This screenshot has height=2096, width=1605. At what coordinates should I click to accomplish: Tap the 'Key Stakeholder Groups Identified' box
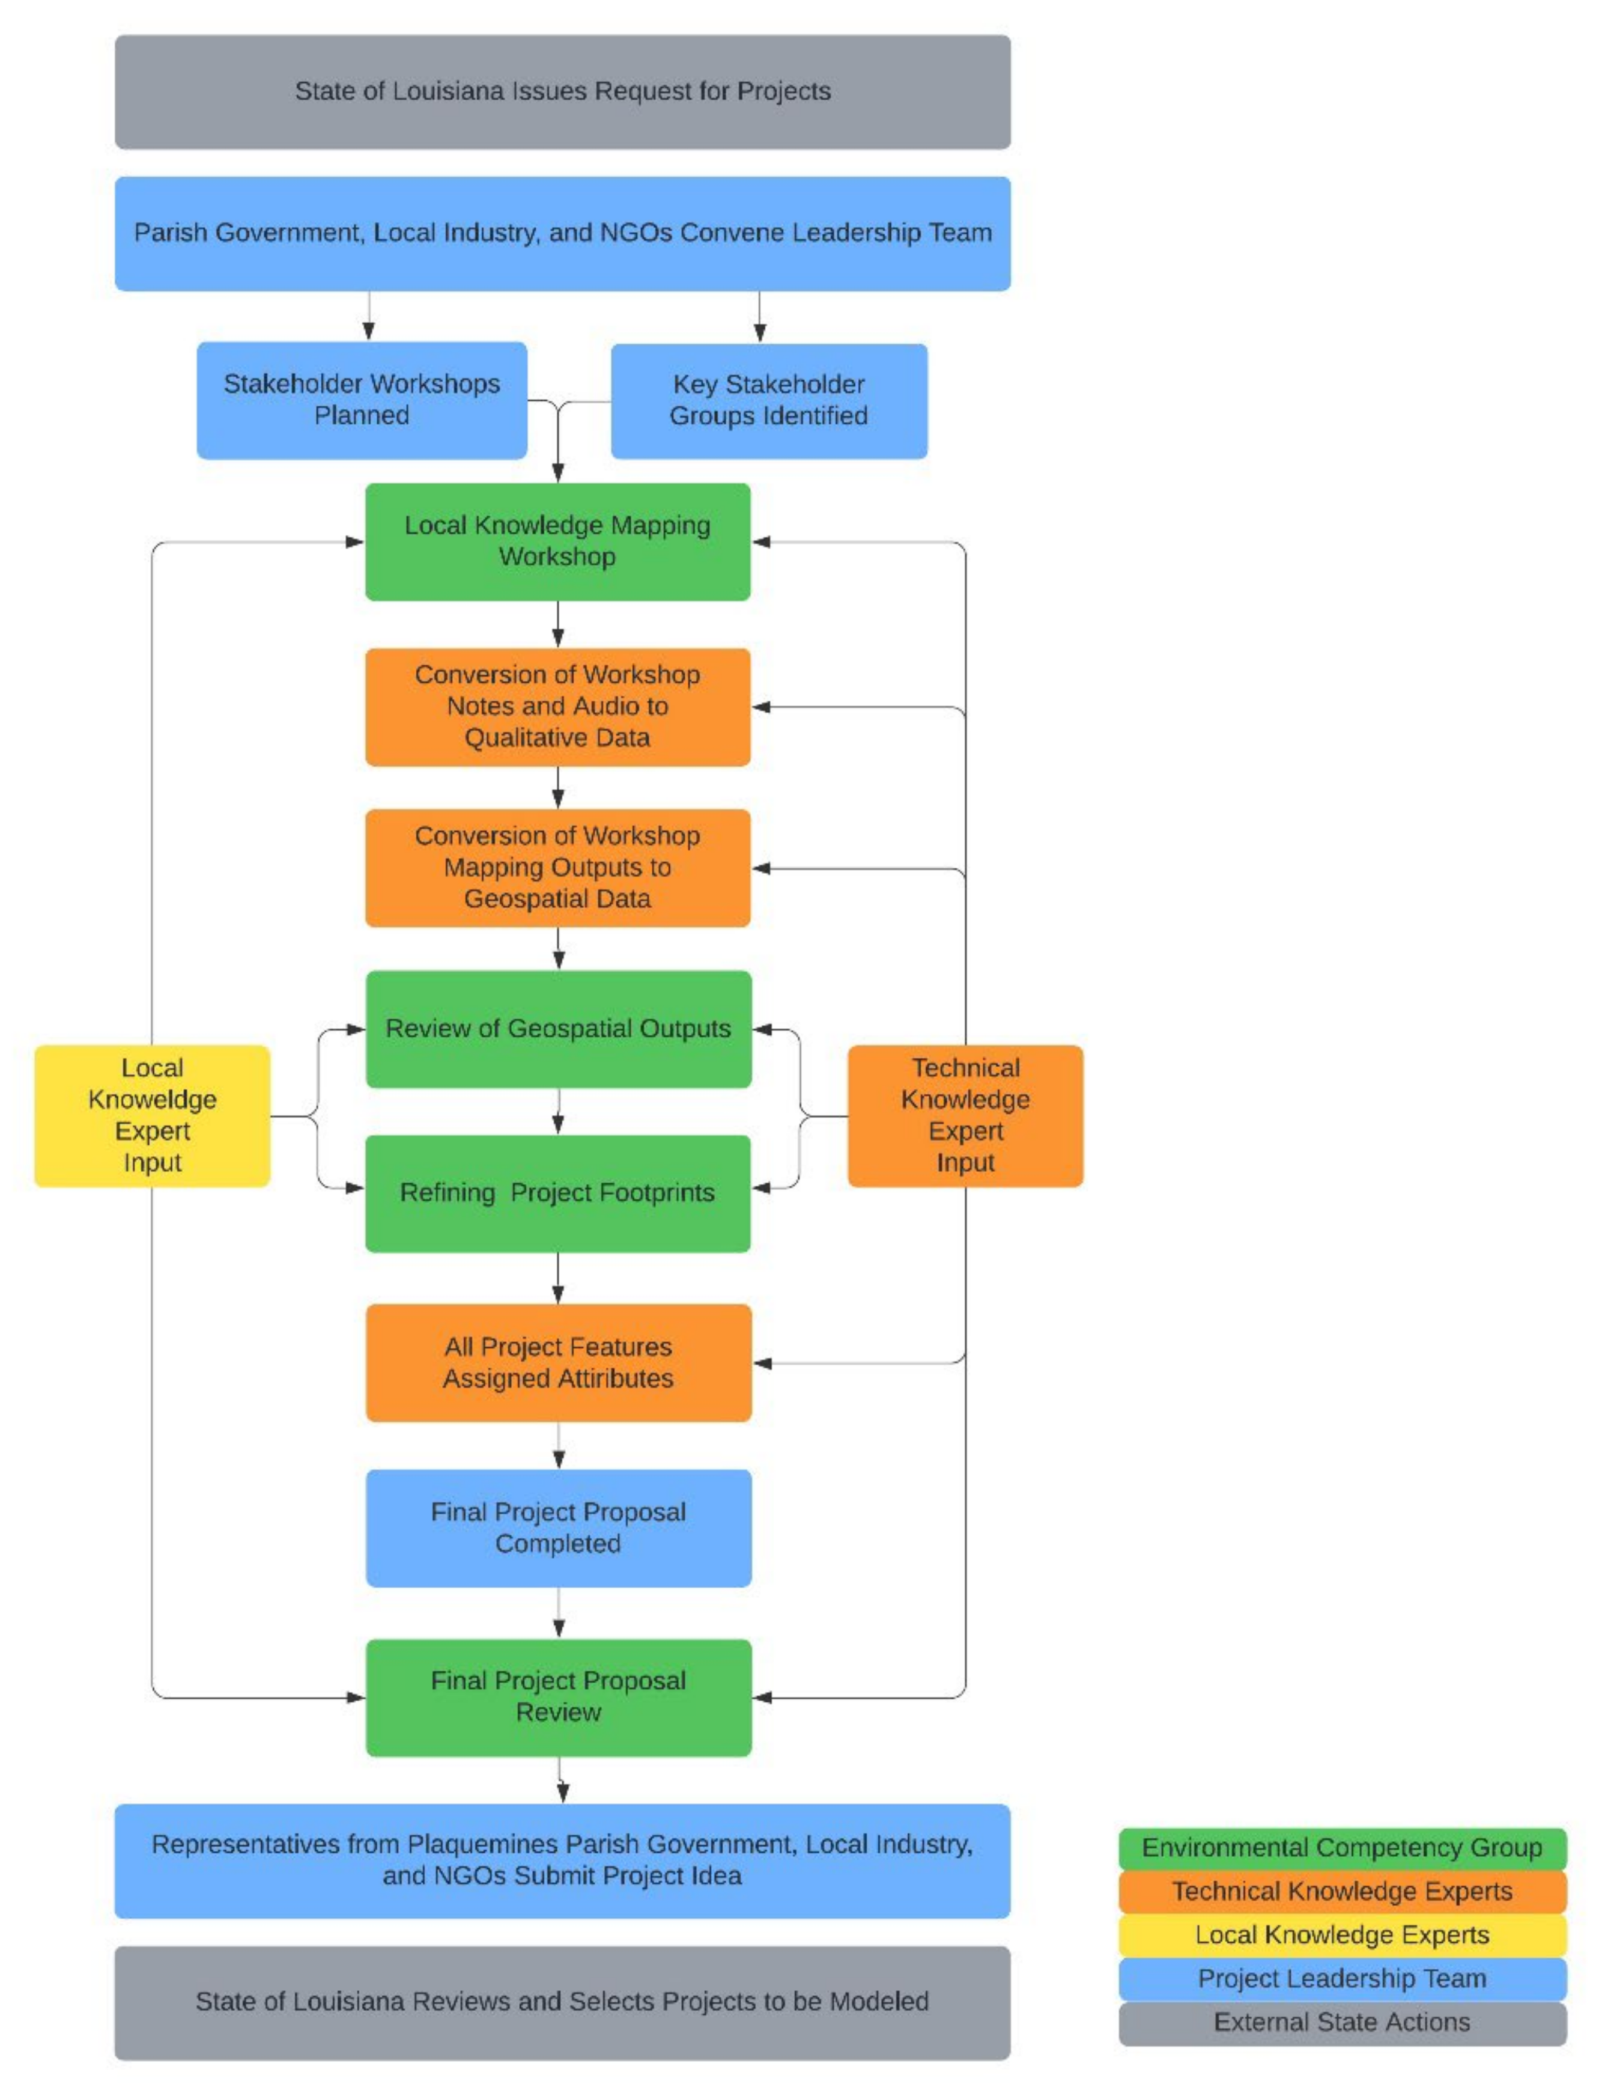(x=768, y=400)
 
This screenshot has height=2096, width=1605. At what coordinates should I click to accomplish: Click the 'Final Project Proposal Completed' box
(x=558, y=1528)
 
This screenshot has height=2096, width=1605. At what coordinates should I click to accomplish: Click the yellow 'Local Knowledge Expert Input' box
(x=152, y=1115)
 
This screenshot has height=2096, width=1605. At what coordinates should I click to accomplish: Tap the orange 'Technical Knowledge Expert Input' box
(x=965, y=1115)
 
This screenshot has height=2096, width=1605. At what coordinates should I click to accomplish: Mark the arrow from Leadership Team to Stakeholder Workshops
(x=369, y=315)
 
